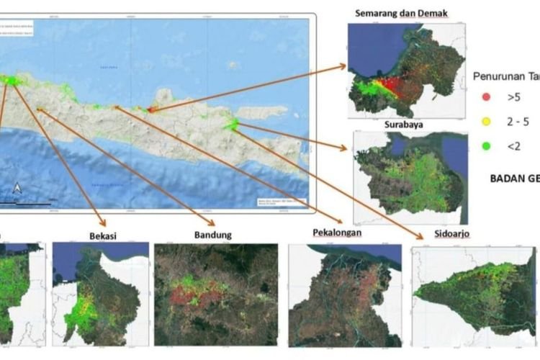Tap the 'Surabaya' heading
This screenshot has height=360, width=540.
[x=404, y=124]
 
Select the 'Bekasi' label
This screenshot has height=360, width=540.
[x=104, y=235]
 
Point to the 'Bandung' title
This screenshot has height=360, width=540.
[x=214, y=235]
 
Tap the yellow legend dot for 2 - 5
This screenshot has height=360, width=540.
[x=486, y=122]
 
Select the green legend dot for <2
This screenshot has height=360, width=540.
[x=486, y=146]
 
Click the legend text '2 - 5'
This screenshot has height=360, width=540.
[x=518, y=122]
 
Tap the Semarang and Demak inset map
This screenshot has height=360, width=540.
[x=405, y=70]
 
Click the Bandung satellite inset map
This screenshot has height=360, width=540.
[x=216, y=294]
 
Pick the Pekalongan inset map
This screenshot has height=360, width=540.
[x=344, y=295]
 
